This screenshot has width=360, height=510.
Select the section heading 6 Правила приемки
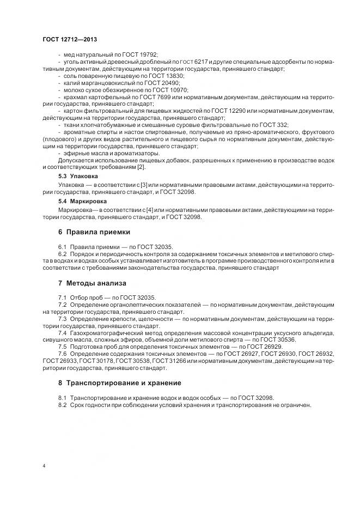point(87,232)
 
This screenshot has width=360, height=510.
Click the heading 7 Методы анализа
point(92,283)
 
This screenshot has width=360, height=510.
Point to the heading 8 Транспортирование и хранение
point(120,383)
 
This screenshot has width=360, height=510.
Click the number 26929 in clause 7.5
point(271,347)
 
